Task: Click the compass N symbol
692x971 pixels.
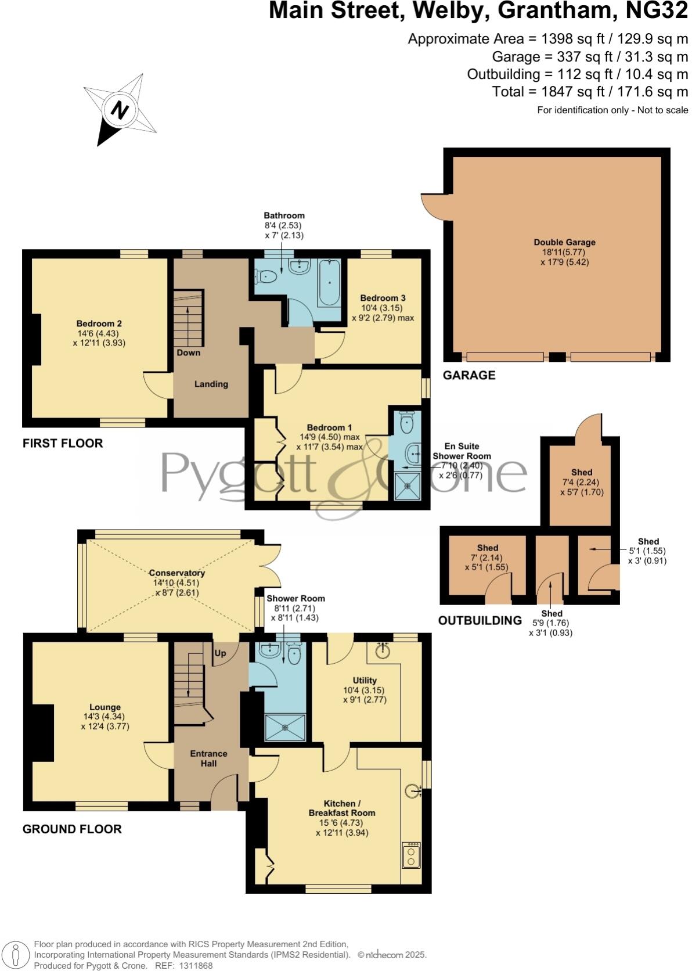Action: pos(119,110)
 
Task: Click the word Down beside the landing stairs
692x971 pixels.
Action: pos(188,353)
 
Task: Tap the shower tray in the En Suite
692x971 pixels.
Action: pos(409,485)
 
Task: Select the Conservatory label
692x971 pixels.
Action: pos(176,573)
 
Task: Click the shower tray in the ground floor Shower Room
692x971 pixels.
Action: pos(284,727)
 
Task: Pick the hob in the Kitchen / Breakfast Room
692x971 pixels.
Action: pos(412,854)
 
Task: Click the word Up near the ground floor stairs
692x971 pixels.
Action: pos(221,653)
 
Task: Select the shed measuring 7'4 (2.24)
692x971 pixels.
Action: pos(581,482)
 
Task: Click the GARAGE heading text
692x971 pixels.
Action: pos(468,375)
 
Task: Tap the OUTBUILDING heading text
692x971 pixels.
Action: pos(480,620)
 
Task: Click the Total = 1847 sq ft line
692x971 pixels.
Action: pos(590,92)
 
